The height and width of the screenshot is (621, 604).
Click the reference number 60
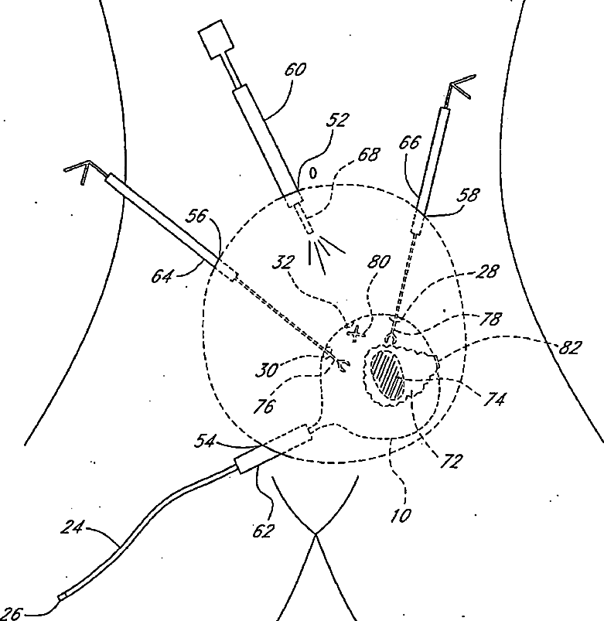(295, 70)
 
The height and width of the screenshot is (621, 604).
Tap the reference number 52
(337, 121)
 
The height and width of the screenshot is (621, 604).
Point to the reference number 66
(410, 143)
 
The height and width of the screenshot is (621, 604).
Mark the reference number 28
(488, 271)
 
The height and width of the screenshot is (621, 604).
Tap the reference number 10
(401, 514)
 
